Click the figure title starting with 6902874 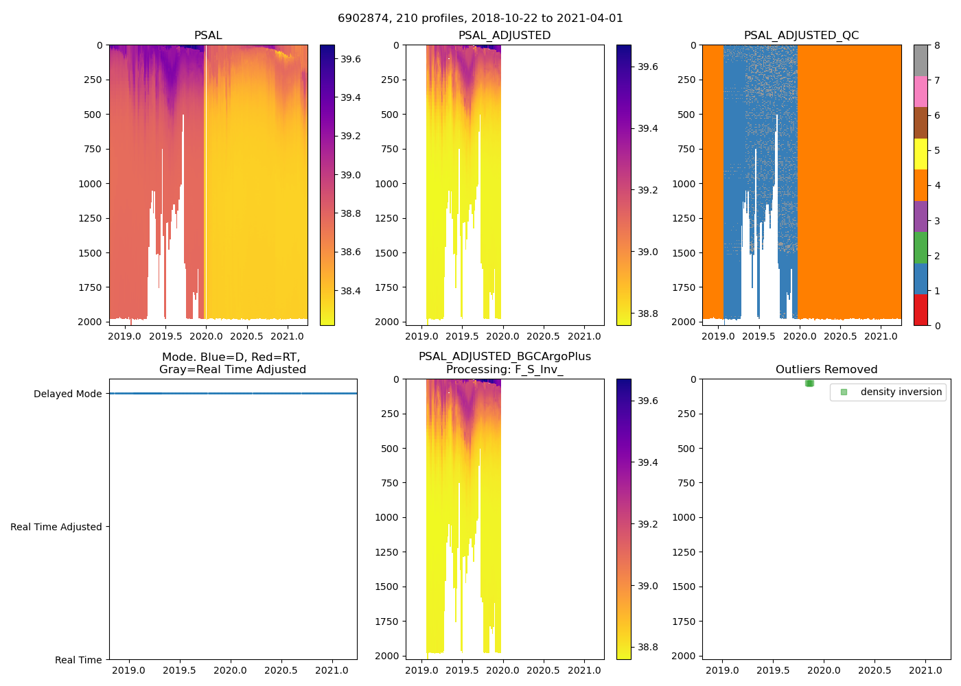480,19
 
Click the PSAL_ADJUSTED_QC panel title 801,36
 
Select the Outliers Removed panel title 826,370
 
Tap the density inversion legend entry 901,392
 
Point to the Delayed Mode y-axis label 67,394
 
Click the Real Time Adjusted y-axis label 56,527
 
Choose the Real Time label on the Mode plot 78,660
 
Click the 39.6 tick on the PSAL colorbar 351,59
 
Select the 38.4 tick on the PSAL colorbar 351,291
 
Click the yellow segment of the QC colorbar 921,154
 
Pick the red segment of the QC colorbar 921,310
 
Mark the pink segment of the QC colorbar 921,91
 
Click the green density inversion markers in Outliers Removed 809,383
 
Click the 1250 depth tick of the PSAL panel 91,218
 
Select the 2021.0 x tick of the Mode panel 332,670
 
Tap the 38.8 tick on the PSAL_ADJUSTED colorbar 648,314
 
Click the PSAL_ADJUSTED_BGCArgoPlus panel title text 505,357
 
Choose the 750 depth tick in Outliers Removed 686,483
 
